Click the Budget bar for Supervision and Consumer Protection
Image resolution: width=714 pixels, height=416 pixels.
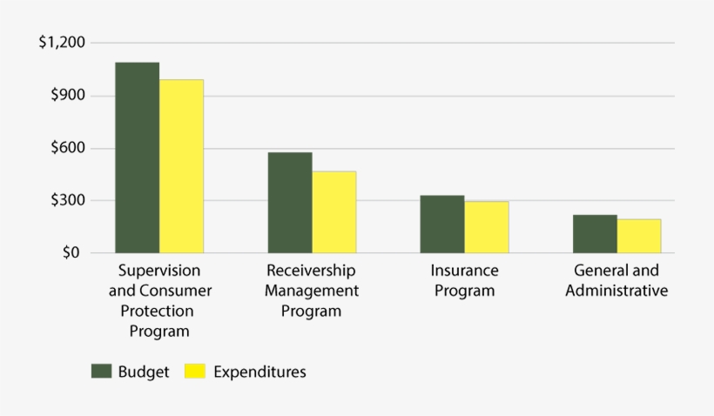[138, 158]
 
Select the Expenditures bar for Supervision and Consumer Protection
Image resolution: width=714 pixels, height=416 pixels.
[181, 166]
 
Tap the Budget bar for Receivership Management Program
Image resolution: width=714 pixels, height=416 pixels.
[290, 203]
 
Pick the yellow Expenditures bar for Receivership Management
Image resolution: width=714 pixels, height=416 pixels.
[333, 212]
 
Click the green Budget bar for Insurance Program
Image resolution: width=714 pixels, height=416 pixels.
[442, 225]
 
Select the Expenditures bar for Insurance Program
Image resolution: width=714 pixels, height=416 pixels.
[486, 228]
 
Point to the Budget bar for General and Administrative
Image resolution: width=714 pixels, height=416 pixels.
[595, 234]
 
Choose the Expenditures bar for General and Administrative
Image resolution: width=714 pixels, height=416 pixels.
[638, 237]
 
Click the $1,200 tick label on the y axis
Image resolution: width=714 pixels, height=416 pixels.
[62, 43]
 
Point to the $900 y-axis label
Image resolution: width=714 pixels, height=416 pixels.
[67, 96]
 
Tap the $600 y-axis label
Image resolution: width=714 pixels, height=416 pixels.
[67, 148]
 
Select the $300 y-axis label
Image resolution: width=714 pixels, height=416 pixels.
[67, 201]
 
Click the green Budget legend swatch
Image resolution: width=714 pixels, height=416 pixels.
[102, 372]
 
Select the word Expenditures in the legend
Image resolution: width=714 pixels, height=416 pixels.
[259, 372]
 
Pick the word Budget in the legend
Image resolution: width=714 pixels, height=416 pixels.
[143, 372]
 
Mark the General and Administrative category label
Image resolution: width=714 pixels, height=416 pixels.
[616, 280]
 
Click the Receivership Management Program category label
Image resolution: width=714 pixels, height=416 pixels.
[312, 290]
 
